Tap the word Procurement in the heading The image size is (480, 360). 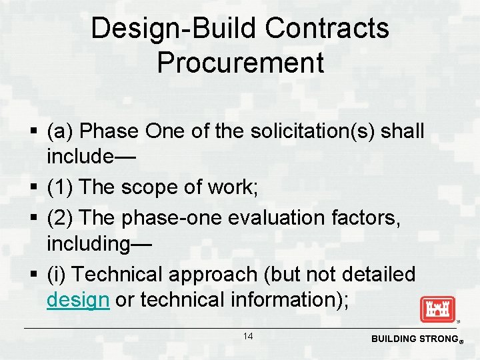point(240,63)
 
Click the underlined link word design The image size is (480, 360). point(77,300)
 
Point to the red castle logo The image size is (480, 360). point(437,309)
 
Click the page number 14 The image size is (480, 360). point(247,337)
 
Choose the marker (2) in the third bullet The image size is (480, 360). point(61,217)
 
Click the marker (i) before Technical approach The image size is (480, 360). point(57,274)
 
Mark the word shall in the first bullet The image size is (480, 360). point(402,131)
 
